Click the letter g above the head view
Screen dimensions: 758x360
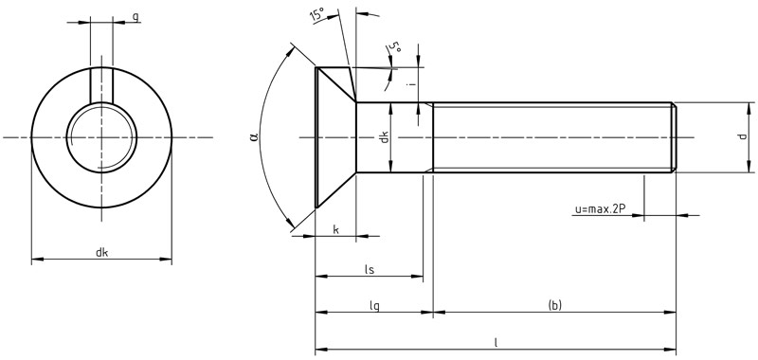coord(135,17)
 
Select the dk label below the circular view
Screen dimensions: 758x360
coord(101,252)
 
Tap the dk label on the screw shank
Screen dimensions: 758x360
coord(385,137)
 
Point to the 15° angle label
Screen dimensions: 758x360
coord(317,14)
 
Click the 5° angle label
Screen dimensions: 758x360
coord(395,47)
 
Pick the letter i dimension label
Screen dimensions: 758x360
coord(410,84)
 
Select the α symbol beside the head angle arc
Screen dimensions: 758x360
coord(255,137)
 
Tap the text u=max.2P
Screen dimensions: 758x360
coord(599,209)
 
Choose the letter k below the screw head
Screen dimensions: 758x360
coord(335,229)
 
